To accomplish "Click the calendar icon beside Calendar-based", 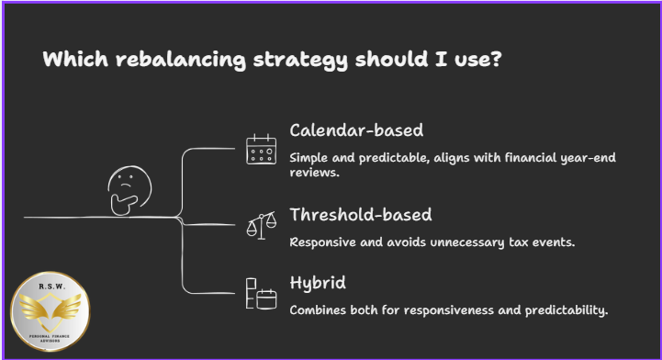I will point(261,149).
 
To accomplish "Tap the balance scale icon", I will point(261,223).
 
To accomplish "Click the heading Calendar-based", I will point(355,129).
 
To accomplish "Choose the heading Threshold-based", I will point(361,216).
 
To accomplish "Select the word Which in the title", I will point(72,61).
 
